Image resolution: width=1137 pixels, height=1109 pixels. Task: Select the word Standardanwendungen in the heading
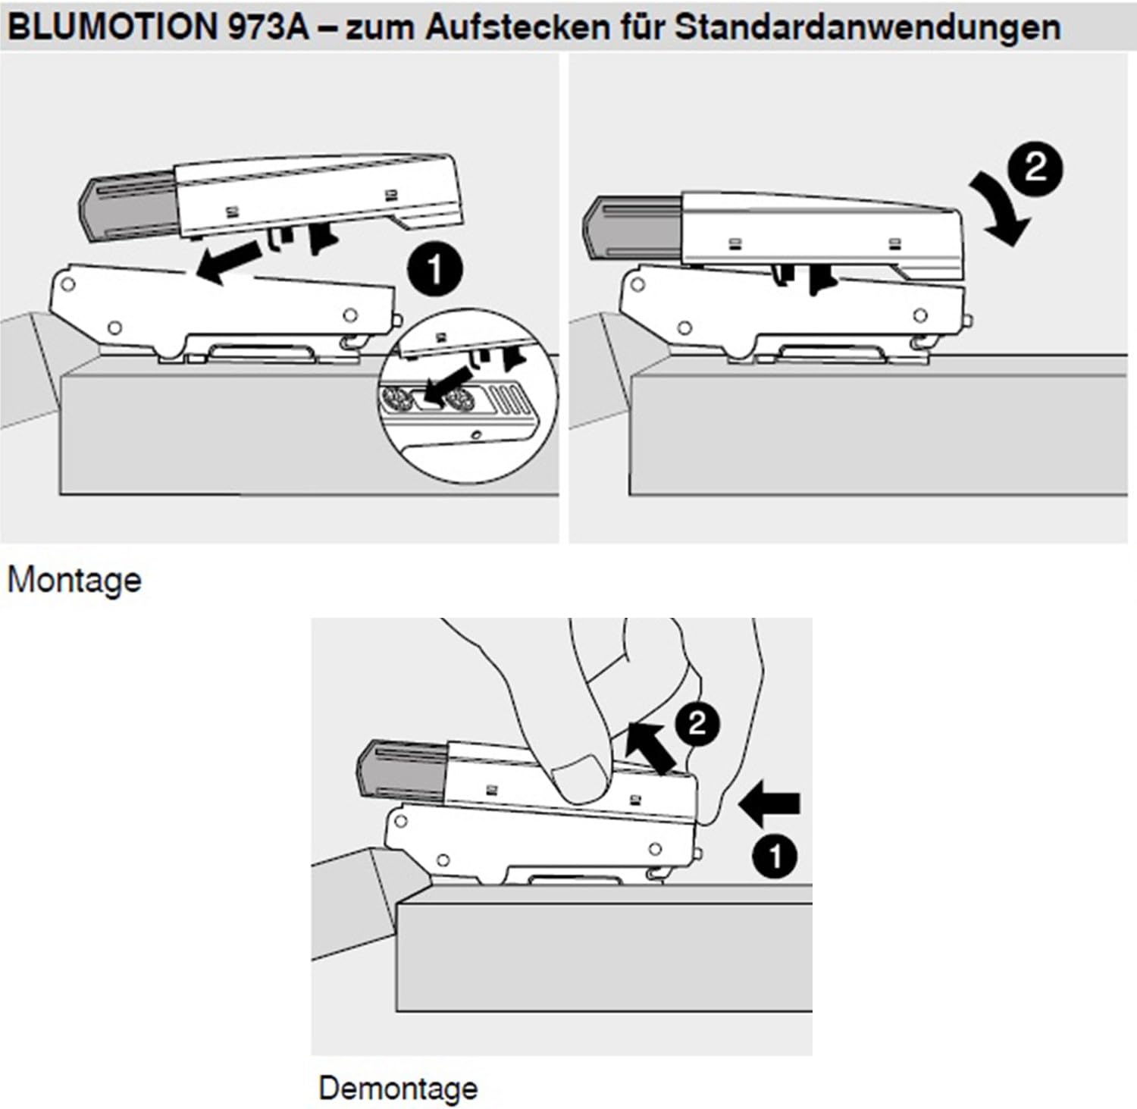tap(867, 27)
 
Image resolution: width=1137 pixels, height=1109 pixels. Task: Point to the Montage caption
tap(74, 581)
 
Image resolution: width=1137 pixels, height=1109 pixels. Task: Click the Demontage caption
tap(398, 1088)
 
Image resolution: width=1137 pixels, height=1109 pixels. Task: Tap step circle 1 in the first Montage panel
tap(434, 270)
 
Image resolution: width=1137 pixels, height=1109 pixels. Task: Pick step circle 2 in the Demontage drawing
tap(697, 723)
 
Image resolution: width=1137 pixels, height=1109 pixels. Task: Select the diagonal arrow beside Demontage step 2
tap(652, 747)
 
